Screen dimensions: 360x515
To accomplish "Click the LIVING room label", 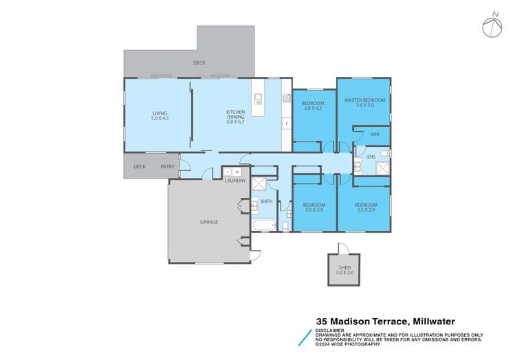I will coord(160,116).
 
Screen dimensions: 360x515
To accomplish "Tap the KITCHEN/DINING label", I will coord(236,116).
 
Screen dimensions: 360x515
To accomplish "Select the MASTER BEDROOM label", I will coord(364,102).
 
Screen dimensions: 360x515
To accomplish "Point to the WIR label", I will coord(375,135).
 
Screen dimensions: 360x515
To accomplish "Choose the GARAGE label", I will coord(209,222).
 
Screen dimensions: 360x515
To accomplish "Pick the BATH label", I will coord(267,201).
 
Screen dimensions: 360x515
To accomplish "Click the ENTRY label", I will coord(167,166).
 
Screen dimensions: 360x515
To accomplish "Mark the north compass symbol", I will coord(492,26).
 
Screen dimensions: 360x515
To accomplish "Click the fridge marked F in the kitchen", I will coord(286,124).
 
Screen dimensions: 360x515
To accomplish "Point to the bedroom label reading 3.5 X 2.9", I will coord(366,207).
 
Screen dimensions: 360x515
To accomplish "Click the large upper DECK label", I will coord(199,63).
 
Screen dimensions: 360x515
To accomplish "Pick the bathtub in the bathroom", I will coord(265,225).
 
